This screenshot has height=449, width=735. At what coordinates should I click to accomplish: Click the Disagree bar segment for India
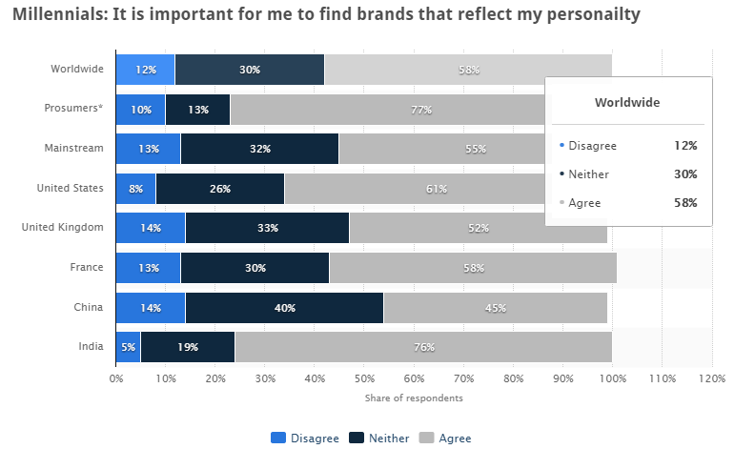tap(128, 347)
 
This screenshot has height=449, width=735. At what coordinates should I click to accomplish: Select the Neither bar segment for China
tap(284, 308)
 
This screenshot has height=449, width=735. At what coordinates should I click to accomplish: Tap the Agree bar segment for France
tap(472, 268)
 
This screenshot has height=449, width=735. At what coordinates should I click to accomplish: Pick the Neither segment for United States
tap(220, 189)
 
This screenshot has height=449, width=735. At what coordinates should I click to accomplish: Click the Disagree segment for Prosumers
tap(141, 110)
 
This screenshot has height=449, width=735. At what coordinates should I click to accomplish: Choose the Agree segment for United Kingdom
tap(479, 229)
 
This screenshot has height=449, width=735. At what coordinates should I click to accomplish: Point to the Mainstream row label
tap(74, 149)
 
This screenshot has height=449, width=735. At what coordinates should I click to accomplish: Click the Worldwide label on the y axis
tap(77, 69)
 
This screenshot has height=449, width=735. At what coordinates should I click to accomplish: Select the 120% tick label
tap(712, 378)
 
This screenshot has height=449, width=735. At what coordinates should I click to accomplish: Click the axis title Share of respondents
tap(414, 398)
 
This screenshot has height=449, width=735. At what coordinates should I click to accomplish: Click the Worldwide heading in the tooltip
tap(627, 101)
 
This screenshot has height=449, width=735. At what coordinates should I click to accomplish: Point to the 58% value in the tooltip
tap(684, 203)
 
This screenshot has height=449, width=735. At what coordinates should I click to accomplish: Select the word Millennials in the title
tap(53, 14)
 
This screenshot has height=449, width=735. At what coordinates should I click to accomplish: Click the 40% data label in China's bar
tap(284, 308)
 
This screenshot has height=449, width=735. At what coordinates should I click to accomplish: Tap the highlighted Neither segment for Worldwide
tap(251, 70)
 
